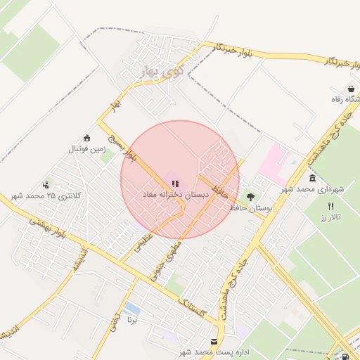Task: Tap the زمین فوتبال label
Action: point(86,149)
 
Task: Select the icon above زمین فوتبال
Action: point(86,139)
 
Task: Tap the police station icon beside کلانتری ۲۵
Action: point(46,185)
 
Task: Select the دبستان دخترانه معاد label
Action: point(174,193)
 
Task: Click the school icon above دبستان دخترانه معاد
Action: point(174,183)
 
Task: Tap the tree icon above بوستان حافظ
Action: point(251,197)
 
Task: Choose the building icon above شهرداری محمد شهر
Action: point(312,178)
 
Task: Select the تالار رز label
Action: point(330,217)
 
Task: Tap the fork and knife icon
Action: point(330,206)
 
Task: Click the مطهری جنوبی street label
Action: point(174,249)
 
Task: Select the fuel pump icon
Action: point(345,356)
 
